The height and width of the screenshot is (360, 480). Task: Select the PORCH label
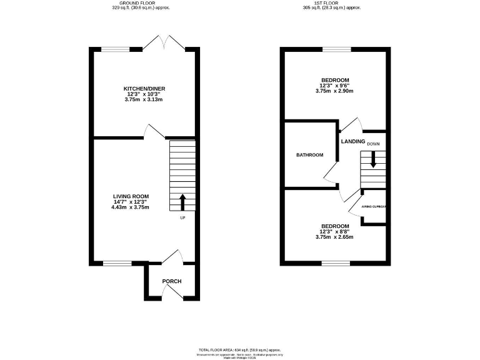172,281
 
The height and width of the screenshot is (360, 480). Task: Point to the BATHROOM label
309,155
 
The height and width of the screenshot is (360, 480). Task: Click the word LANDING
353,141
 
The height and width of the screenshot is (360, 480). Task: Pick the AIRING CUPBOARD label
374,206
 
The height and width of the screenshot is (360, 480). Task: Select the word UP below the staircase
182,218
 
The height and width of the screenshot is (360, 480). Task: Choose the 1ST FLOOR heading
332,3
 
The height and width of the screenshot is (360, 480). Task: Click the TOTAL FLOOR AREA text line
239,349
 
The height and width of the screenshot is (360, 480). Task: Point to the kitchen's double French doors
162,44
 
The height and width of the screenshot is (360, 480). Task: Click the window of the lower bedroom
336,263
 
